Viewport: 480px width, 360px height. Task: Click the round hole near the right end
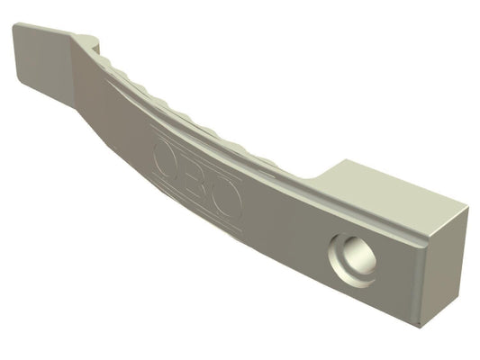[352, 261]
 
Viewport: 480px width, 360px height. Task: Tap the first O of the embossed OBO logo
[166, 159]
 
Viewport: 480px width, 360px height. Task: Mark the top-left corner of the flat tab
[14, 24]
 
